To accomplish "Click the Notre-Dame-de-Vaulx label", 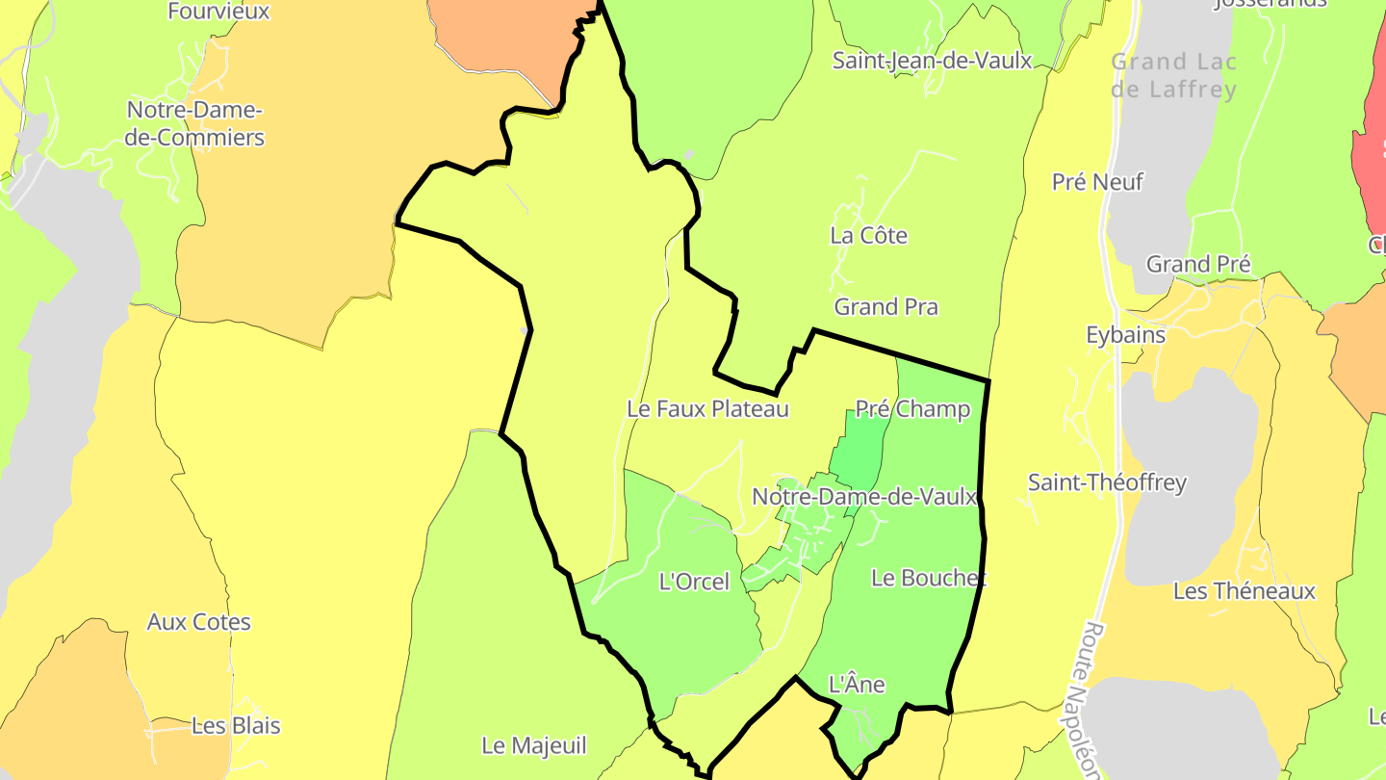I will pyautogui.click(x=864, y=497).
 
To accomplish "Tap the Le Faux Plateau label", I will pyautogui.click(x=707, y=409).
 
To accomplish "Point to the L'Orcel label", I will pyautogui.click(x=694, y=582).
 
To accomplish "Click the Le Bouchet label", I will pyautogui.click(x=929, y=578).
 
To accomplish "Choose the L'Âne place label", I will pyautogui.click(x=857, y=685).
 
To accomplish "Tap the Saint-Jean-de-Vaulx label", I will pyautogui.click(x=932, y=61).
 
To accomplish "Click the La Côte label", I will pyautogui.click(x=868, y=236).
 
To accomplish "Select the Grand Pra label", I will pyautogui.click(x=885, y=307).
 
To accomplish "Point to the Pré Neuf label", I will pyautogui.click(x=1097, y=182).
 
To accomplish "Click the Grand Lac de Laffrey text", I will pyautogui.click(x=1173, y=76).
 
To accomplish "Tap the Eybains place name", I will pyautogui.click(x=1125, y=335).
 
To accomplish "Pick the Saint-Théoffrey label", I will pyautogui.click(x=1107, y=482).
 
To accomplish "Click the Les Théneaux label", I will pyautogui.click(x=1244, y=591).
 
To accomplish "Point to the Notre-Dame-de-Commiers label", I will pyautogui.click(x=194, y=124).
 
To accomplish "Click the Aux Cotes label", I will pyautogui.click(x=198, y=622).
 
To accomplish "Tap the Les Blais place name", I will pyautogui.click(x=236, y=726).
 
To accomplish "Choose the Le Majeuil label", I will pyautogui.click(x=533, y=745).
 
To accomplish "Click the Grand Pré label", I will pyautogui.click(x=1197, y=264).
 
